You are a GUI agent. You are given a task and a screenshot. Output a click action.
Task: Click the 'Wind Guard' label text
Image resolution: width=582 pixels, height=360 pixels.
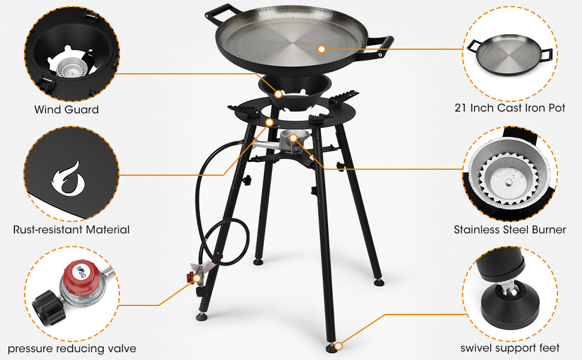[66, 110]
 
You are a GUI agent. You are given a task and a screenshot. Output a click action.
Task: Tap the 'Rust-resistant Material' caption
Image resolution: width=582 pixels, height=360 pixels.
[71, 229]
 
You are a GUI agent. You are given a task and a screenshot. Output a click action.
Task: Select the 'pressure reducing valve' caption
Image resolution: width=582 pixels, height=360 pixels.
[71, 349]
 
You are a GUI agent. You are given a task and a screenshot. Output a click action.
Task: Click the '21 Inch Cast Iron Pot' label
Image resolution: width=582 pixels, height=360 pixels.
[510, 109]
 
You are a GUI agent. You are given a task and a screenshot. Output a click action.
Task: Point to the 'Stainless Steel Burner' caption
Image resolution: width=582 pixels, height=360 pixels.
[509, 229]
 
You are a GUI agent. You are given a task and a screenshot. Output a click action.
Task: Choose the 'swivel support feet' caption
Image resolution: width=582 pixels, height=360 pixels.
[510, 348]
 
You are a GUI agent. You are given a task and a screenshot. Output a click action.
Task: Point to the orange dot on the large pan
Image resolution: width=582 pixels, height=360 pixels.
[322, 49]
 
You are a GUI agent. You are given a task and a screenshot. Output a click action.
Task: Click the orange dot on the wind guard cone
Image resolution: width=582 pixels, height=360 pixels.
[279, 94]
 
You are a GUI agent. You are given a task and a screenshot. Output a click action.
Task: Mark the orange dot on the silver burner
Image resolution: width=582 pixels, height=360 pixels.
[293, 139]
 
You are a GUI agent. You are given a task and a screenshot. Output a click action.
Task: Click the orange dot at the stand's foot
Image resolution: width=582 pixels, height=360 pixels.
[339, 346]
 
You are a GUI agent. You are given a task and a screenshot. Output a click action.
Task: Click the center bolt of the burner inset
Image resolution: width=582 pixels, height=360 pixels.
[511, 181]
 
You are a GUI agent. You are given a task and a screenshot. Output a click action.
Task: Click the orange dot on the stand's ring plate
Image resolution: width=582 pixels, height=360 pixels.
[268, 122]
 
